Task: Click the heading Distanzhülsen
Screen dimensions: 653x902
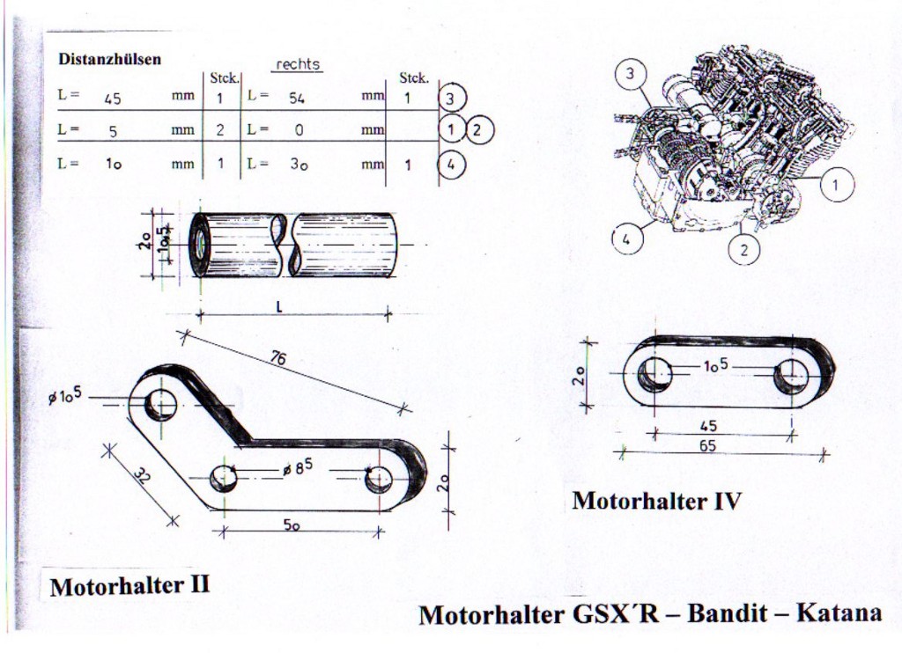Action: pyautogui.click(x=109, y=60)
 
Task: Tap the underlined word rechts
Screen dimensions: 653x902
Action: pyautogui.click(x=298, y=64)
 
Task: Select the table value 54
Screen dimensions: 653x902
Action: pyautogui.click(x=297, y=99)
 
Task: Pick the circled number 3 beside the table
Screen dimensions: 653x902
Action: pyautogui.click(x=451, y=99)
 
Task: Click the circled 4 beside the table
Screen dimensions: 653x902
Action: pyautogui.click(x=451, y=164)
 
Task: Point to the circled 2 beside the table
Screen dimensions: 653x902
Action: pyautogui.click(x=479, y=130)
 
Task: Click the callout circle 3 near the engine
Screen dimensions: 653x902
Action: pyautogui.click(x=629, y=74)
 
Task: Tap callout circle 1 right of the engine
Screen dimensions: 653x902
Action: pyautogui.click(x=836, y=184)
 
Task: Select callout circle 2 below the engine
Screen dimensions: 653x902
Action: pyautogui.click(x=743, y=249)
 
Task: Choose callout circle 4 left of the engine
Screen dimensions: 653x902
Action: pyautogui.click(x=626, y=238)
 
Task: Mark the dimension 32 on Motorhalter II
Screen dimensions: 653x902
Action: pyautogui.click(x=141, y=478)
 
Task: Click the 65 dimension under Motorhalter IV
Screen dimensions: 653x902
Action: pyautogui.click(x=707, y=446)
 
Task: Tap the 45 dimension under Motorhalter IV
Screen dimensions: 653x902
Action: pyautogui.click(x=708, y=426)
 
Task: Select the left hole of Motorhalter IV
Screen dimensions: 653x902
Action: pyautogui.click(x=654, y=375)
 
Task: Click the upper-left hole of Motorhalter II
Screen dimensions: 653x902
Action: pyautogui.click(x=161, y=404)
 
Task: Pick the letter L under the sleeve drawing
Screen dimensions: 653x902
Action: pyautogui.click(x=278, y=306)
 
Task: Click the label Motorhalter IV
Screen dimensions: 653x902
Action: pyautogui.click(x=656, y=502)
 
